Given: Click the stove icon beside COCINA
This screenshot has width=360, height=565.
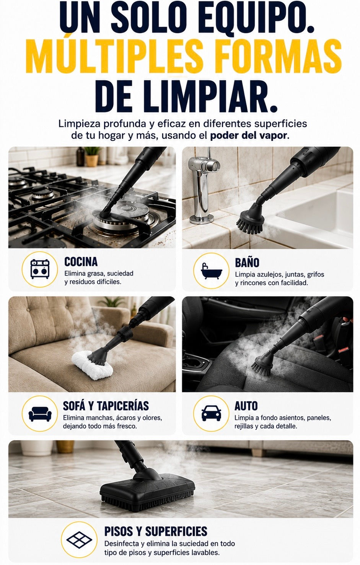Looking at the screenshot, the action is click(x=40, y=269).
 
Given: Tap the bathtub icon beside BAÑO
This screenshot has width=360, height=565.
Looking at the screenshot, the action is click(x=211, y=271).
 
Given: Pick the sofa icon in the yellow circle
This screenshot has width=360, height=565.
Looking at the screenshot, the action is click(x=40, y=414).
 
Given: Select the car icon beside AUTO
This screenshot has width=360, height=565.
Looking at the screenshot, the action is click(x=211, y=413).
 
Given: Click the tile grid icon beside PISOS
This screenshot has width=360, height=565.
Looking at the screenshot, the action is click(x=79, y=539).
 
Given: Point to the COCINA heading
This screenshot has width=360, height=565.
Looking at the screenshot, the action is click(x=81, y=262).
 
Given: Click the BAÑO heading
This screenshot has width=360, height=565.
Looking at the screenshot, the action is click(x=247, y=263).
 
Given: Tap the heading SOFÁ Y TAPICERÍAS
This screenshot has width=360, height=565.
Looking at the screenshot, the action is click(x=106, y=406).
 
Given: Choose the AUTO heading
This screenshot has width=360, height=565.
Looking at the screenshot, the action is click(x=246, y=406).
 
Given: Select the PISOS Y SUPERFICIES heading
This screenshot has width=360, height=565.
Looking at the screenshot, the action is click(x=156, y=531).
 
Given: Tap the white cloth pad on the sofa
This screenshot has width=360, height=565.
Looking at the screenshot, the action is click(x=92, y=365).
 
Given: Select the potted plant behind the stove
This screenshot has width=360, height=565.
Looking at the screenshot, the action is click(x=92, y=157).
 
